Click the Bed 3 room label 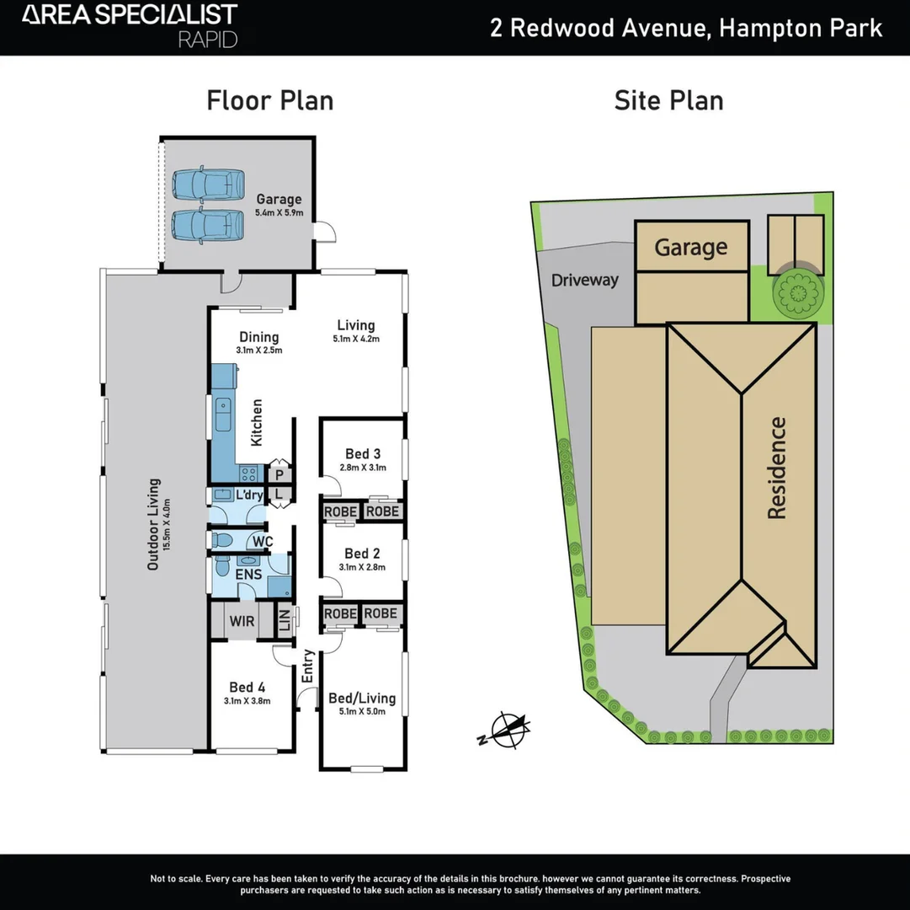(364, 454)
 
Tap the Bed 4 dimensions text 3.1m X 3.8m (247, 700)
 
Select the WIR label (242, 622)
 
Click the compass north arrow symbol (508, 730)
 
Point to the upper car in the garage (208, 183)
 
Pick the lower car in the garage (208, 225)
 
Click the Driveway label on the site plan (585, 280)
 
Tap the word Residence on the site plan (775, 468)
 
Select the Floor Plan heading (270, 100)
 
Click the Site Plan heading (668, 100)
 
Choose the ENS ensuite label (248, 575)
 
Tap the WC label (263, 540)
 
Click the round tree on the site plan (796, 292)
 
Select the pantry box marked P (279, 475)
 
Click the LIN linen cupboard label (284, 621)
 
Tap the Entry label (308, 666)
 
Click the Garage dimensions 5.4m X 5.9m (279, 214)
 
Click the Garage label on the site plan (690, 247)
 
